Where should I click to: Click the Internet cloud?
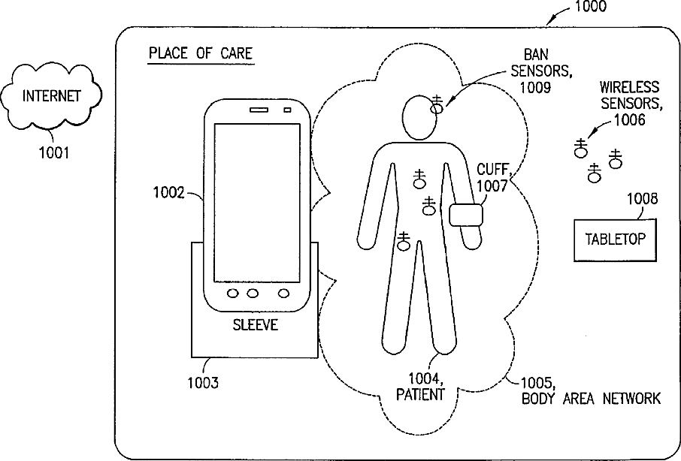coord(51,96)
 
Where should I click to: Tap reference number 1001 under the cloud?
coord(54,153)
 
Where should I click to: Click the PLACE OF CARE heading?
coord(200,53)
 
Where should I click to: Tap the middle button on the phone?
coord(253,293)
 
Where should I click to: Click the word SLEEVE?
coord(254,324)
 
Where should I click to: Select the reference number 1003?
coord(203,383)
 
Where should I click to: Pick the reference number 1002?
coord(168,193)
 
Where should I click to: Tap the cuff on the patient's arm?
coord(466,215)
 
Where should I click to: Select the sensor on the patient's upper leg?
coord(404,240)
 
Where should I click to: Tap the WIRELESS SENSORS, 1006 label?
coord(629,102)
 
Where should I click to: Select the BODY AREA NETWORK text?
coord(591,399)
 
